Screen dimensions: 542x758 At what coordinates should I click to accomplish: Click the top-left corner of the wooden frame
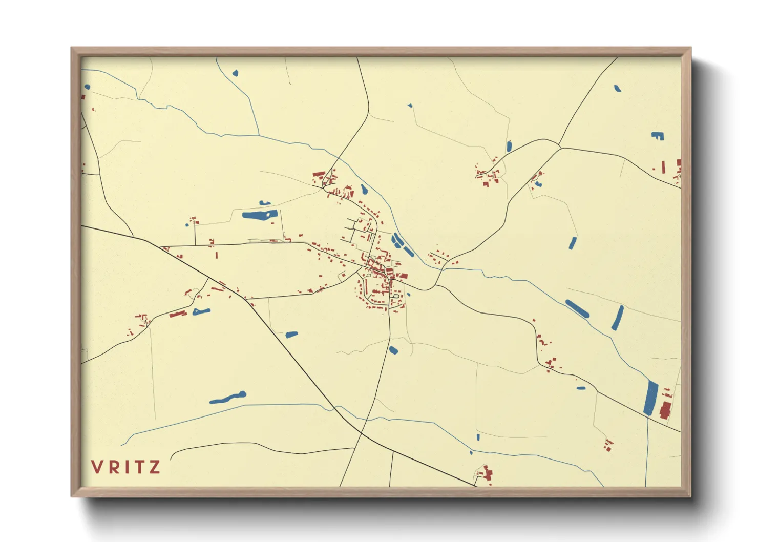pyautogui.click(x=72, y=48)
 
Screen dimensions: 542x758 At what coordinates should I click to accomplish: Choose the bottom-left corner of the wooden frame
pyautogui.click(x=72, y=496)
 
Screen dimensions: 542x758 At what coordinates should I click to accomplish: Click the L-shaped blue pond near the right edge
pyautogui.click(x=658, y=136)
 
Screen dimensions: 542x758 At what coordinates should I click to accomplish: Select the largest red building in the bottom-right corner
pyautogui.click(x=665, y=411)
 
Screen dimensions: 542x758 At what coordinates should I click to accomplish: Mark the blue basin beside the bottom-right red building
pyautogui.click(x=650, y=398)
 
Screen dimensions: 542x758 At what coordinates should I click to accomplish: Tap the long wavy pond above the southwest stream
pyautogui.click(x=228, y=398)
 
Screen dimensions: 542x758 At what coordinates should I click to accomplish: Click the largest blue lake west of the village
pyautogui.click(x=259, y=215)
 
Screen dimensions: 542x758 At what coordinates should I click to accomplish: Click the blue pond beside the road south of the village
pyautogui.click(x=393, y=350)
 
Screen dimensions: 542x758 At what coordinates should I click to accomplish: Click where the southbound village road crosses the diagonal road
pyautogui.click(x=362, y=433)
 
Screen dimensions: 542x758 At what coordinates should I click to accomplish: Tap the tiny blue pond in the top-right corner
pyautogui.click(x=618, y=88)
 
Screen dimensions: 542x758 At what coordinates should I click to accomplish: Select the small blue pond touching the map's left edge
pyautogui.click(x=87, y=87)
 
